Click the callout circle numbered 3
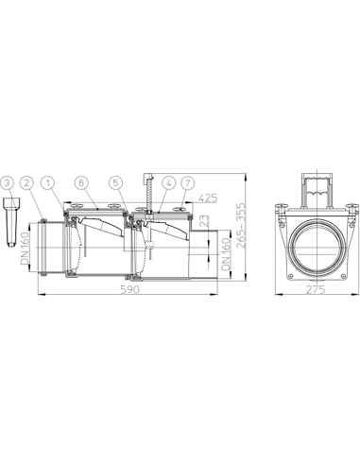9,183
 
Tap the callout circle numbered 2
27,183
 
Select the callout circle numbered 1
47,183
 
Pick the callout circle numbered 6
81,183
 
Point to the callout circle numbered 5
115,183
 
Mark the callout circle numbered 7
188,183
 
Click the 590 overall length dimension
129,289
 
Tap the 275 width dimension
316,289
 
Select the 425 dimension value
208,198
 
